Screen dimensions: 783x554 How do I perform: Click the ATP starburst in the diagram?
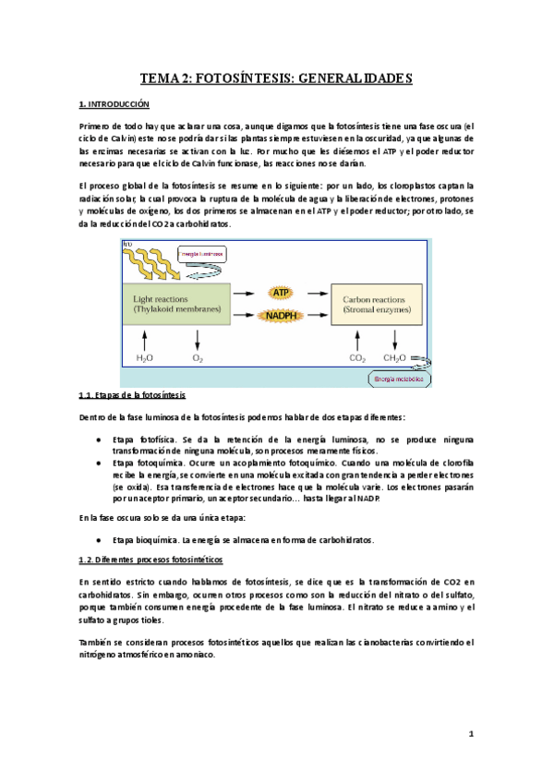point(281,292)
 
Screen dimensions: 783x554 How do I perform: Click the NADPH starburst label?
point(281,316)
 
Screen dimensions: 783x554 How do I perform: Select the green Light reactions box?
point(176,304)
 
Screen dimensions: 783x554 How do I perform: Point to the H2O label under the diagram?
point(145,357)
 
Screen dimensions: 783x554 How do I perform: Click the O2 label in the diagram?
point(197,357)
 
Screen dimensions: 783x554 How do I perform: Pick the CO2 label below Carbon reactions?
point(356,357)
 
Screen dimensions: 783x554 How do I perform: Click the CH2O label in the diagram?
point(394,357)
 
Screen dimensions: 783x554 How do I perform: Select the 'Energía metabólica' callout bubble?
point(398,378)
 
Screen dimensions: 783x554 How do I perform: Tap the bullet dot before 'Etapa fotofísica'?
point(99,440)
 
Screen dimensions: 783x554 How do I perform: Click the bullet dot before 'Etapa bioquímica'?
point(99,539)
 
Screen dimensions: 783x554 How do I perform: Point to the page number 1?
point(470,735)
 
